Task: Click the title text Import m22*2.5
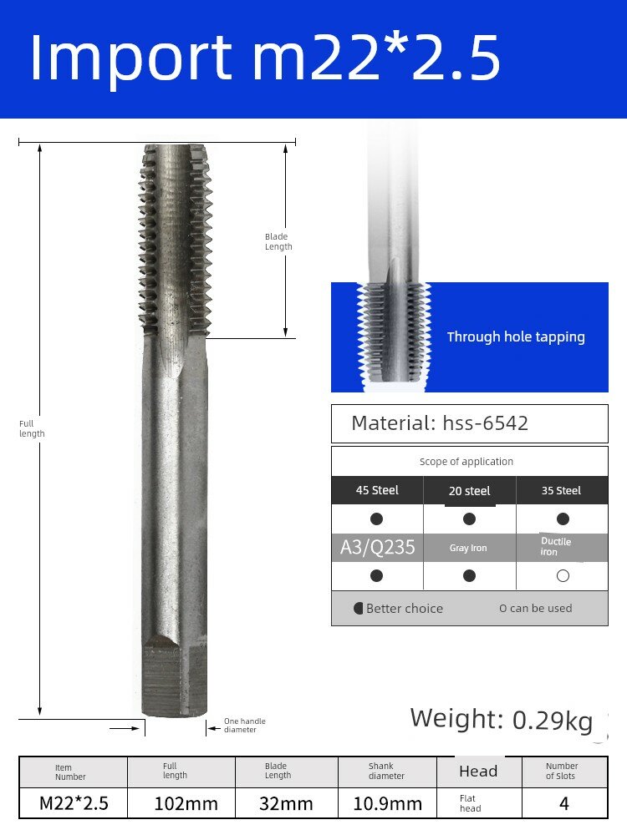(265, 58)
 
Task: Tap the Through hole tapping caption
(516, 337)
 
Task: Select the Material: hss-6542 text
(440, 423)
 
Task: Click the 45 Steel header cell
(377, 490)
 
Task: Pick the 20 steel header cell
(469, 490)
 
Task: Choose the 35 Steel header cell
(562, 490)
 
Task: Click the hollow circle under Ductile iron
(563, 575)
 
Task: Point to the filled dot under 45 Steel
(376, 519)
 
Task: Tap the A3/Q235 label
(378, 547)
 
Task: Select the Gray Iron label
(468, 548)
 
